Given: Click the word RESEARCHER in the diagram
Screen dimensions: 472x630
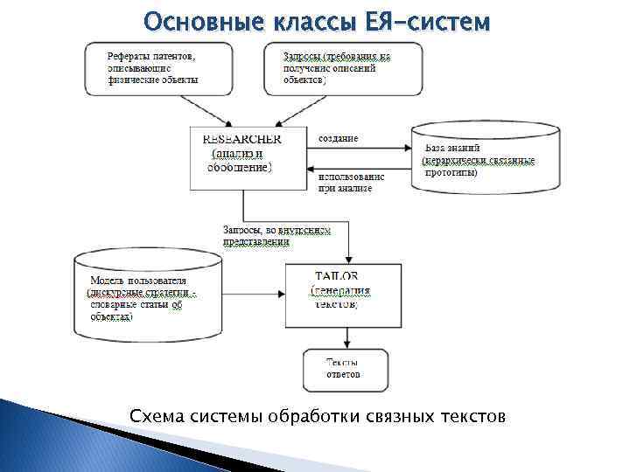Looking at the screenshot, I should (x=241, y=139).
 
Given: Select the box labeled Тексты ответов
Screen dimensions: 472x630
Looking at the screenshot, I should (x=344, y=368).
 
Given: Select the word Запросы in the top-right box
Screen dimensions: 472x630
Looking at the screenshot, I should (x=301, y=56).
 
